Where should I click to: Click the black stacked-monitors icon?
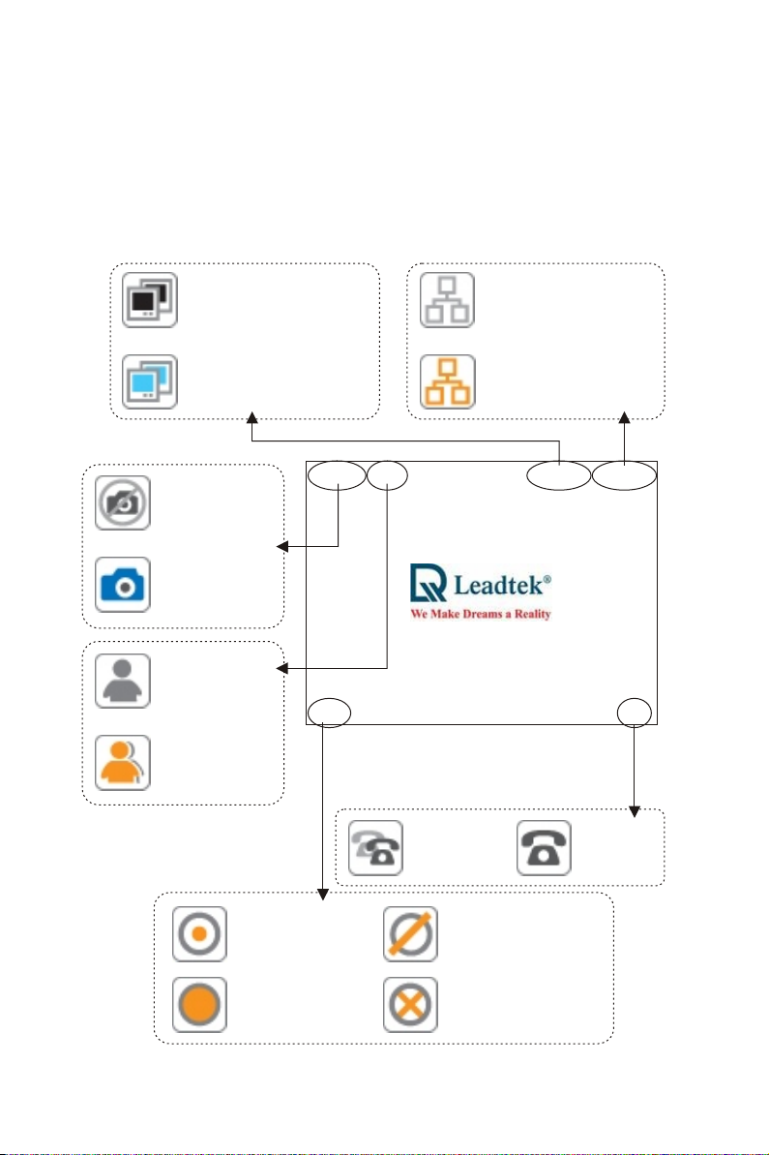(149, 300)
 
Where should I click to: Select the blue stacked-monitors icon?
(149, 381)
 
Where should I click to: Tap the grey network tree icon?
(448, 300)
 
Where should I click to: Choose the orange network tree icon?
(448, 381)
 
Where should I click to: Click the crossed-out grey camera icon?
(123, 503)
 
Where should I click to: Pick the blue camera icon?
(123, 585)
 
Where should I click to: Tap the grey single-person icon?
(123, 682)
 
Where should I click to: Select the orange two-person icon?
(123, 762)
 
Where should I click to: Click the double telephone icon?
(375, 848)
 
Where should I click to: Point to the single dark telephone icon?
(544, 848)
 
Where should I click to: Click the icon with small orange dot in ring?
(199, 934)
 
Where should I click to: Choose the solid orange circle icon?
(199, 1005)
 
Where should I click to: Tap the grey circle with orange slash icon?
(411, 934)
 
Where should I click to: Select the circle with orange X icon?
(411, 1005)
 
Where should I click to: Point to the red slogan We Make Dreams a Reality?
(481, 614)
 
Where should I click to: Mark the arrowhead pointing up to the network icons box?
(625, 417)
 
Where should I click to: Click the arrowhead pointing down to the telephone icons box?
(635, 811)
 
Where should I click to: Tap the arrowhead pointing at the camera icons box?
(281, 547)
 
